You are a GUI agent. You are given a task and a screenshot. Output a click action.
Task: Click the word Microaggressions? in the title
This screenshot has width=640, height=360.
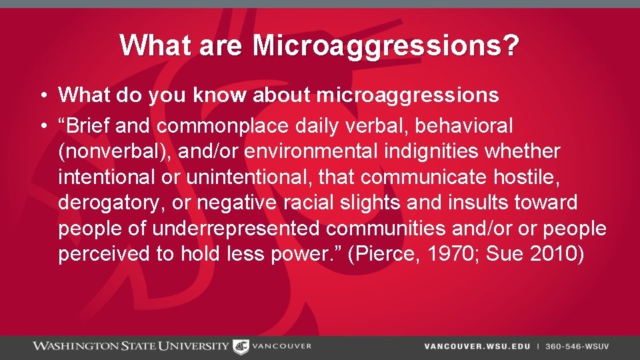pos(385,46)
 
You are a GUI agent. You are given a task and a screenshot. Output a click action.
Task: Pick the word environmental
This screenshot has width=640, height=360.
pos(322,151)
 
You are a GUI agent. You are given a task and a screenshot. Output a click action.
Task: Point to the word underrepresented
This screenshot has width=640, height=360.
pos(236,229)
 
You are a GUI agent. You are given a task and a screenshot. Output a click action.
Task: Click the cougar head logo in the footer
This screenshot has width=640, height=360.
pos(240,346)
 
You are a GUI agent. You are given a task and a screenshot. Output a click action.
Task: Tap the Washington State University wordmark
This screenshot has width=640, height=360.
pos(131,346)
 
